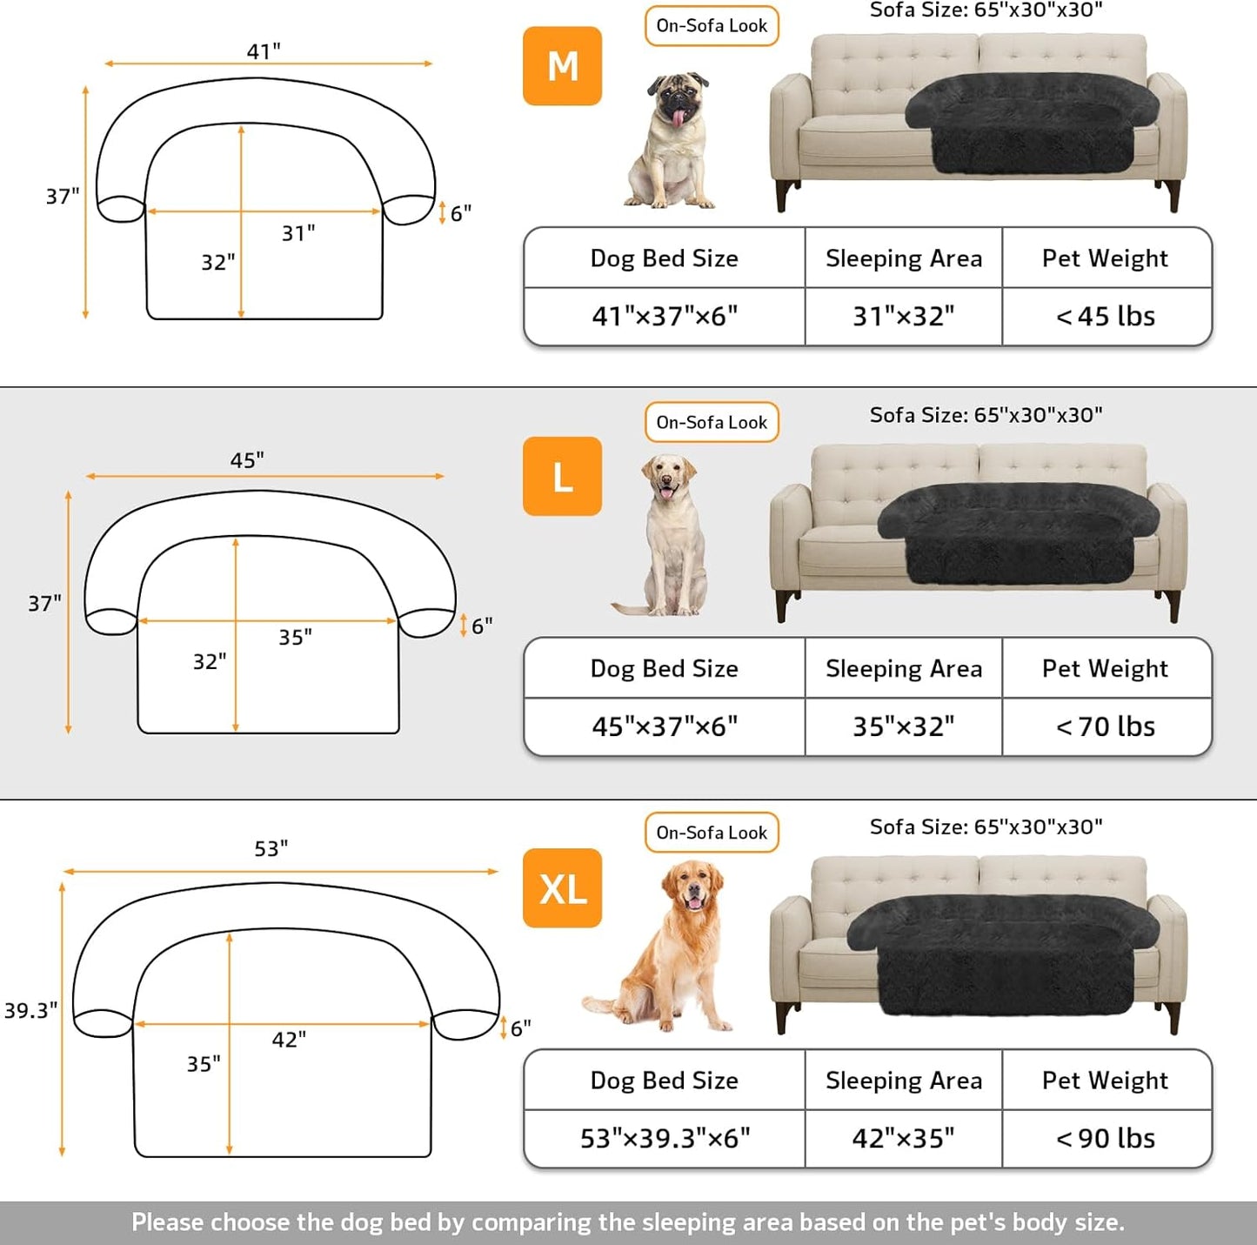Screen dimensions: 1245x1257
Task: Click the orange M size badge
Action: pos(562,66)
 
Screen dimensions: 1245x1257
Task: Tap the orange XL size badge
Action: pos(562,888)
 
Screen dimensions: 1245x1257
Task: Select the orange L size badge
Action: pos(562,477)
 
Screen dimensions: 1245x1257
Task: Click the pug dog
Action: pos(672,141)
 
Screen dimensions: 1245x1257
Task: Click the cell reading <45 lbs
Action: pos(1106,317)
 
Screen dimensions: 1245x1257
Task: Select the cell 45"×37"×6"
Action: pos(665,726)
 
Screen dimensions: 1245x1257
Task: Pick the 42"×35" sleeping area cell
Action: pos(903,1138)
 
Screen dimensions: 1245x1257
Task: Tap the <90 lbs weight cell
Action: pos(1106,1138)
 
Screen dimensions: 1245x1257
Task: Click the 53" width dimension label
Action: pos(271,848)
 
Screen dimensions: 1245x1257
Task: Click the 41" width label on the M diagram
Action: pos(264,51)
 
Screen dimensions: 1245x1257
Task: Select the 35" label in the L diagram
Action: pos(295,637)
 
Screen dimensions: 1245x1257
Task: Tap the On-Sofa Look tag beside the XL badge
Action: pos(712,833)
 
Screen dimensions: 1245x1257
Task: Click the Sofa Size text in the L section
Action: pos(986,415)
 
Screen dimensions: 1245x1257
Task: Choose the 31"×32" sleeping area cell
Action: pos(903,317)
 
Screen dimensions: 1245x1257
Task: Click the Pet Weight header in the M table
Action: pos(1106,258)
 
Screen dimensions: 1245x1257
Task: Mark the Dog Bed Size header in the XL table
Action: pos(665,1081)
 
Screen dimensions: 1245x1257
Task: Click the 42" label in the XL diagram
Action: pos(289,1040)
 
